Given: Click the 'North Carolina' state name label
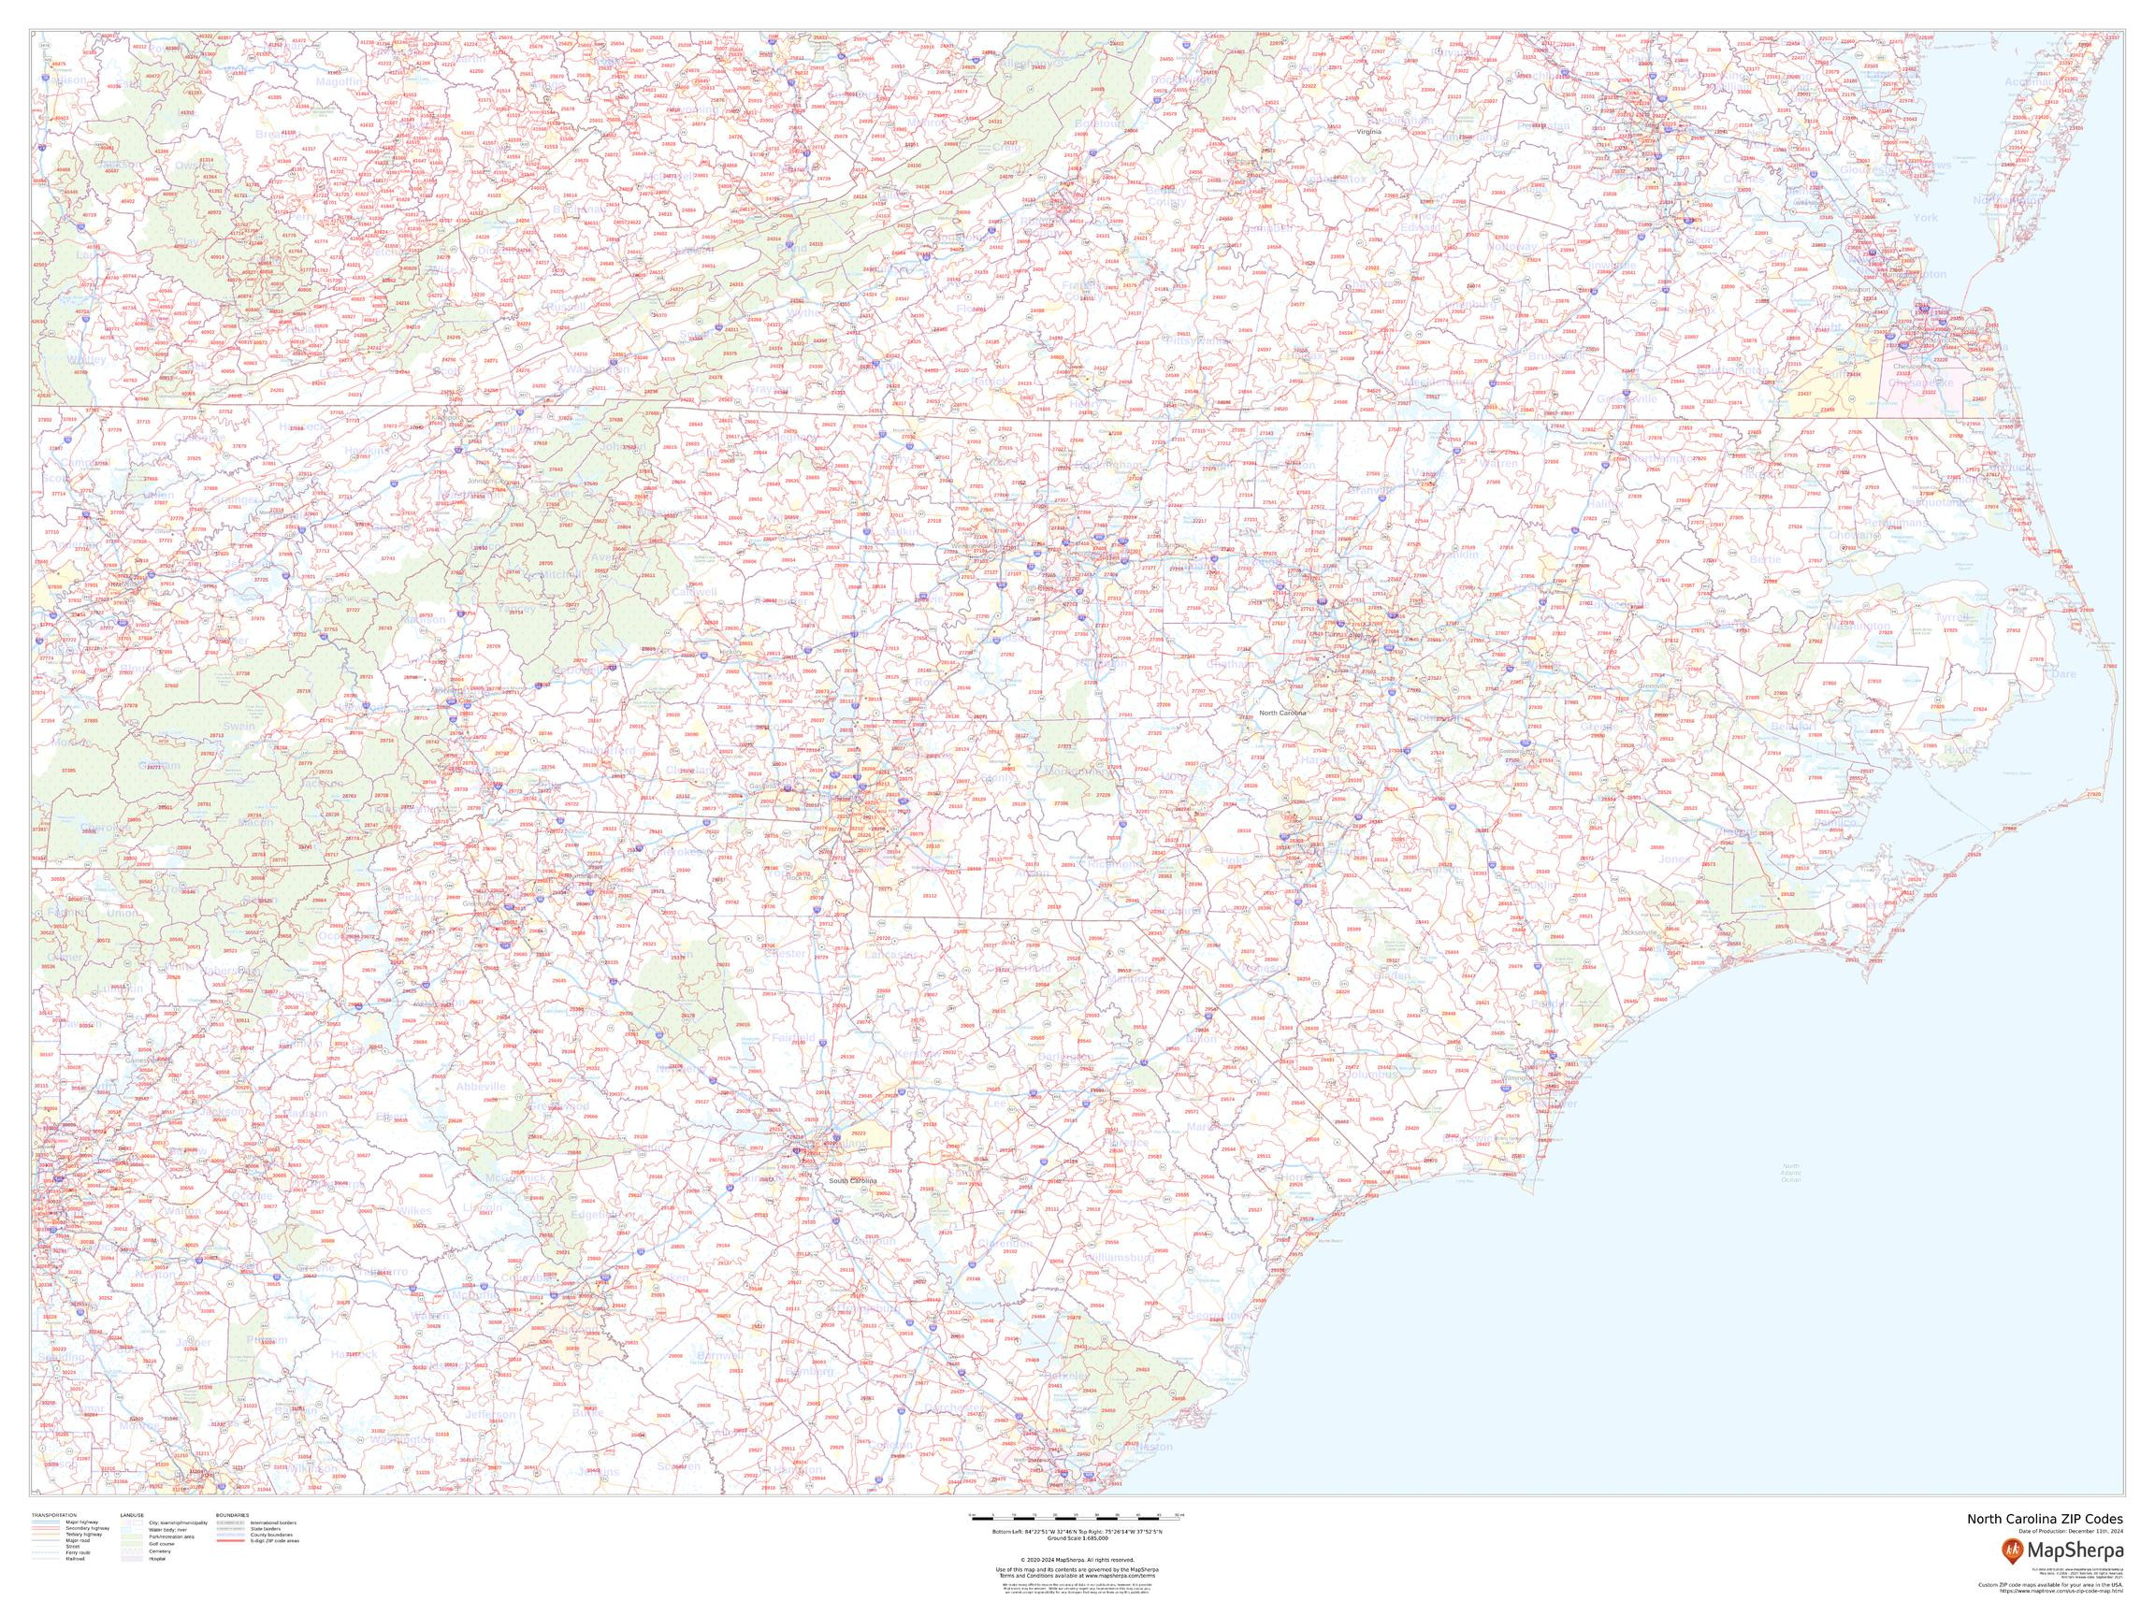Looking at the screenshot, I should coord(1281,713).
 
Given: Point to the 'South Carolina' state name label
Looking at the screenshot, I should coord(852,1180).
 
